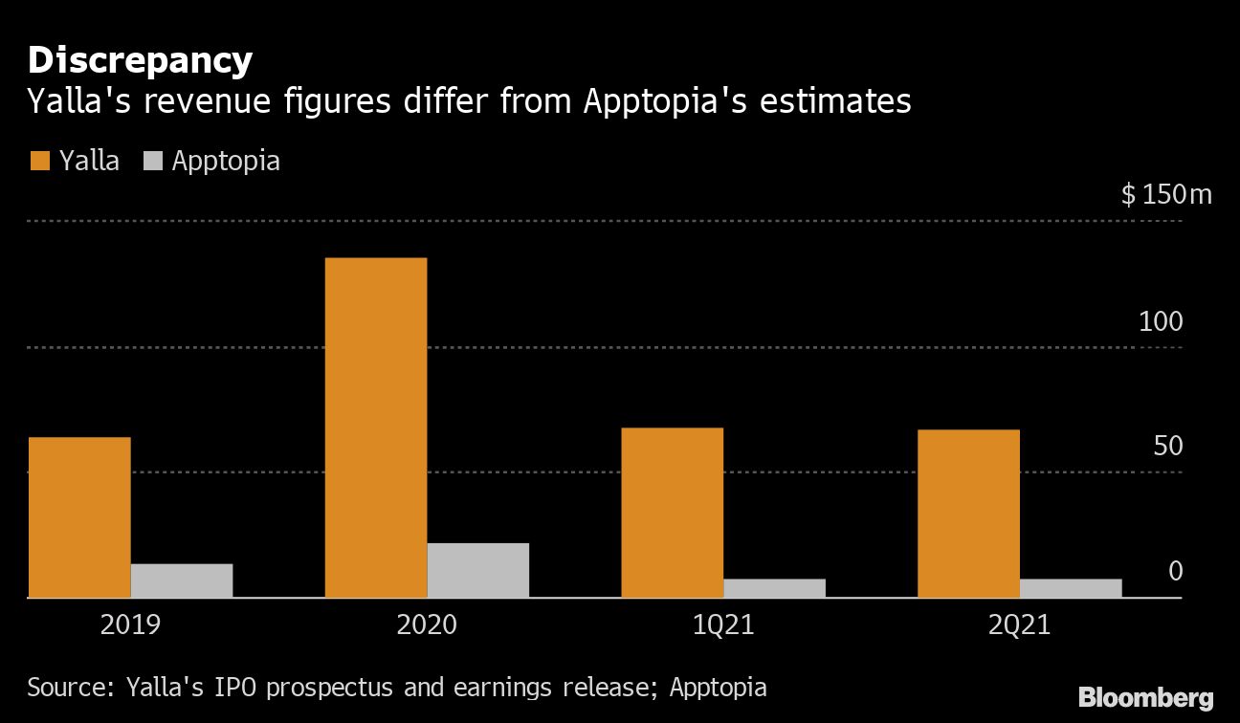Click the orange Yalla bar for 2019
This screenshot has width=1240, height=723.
pyautogui.click(x=79, y=517)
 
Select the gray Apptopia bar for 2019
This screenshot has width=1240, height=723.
pyautogui.click(x=182, y=581)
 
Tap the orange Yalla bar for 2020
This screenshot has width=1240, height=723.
pyautogui.click(x=376, y=427)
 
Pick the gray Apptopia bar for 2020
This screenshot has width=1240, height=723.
pyautogui.click(x=478, y=570)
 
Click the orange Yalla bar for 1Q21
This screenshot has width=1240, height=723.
pyautogui.click(x=673, y=513)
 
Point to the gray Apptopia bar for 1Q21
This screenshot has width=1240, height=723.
pyautogui.click(x=774, y=588)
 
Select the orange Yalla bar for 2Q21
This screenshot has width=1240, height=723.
pyautogui.click(x=968, y=514)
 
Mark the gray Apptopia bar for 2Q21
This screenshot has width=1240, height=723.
pyautogui.click(x=1071, y=588)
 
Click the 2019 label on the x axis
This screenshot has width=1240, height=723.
pyautogui.click(x=130, y=626)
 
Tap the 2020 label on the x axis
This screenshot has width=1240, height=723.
pyautogui.click(x=427, y=626)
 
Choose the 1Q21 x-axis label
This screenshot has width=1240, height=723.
pyautogui.click(x=722, y=626)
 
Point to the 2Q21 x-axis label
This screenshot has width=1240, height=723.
pyautogui.click(x=1019, y=626)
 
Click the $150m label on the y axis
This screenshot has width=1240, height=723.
pyautogui.click(x=1166, y=195)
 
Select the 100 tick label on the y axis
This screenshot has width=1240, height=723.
pyautogui.click(x=1161, y=322)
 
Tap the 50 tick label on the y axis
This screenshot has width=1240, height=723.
pyautogui.click(x=1168, y=447)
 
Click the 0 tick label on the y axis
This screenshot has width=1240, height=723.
pyautogui.click(x=1176, y=571)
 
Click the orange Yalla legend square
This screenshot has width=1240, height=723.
pyautogui.click(x=39, y=161)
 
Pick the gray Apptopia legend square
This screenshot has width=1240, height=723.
pyautogui.click(x=153, y=161)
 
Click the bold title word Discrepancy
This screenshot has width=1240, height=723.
pyautogui.click(x=140, y=60)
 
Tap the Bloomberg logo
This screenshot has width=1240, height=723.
pyautogui.click(x=1145, y=697)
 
